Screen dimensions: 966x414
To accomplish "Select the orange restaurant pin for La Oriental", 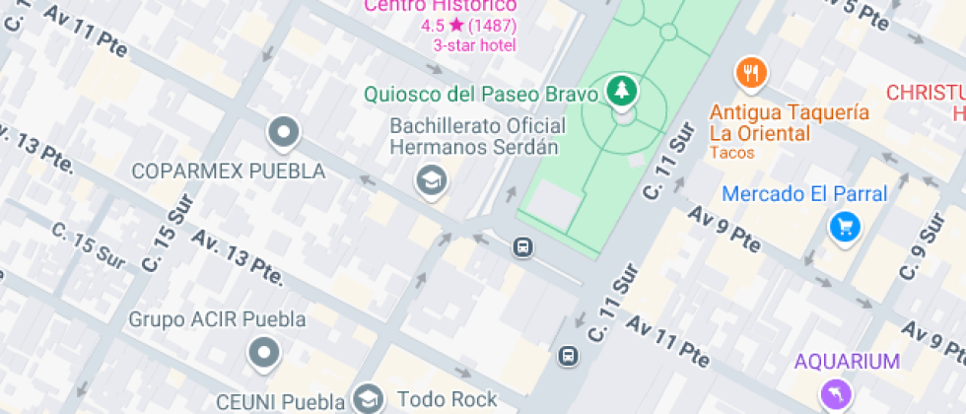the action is (751, 72).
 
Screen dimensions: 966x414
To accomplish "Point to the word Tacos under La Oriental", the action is (731, 153).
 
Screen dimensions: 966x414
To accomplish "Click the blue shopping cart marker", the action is (845, 228).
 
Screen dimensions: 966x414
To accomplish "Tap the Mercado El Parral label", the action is (804, 194).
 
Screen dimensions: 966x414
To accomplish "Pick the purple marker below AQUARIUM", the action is (836, 395).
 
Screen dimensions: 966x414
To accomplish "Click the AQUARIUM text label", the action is (848, 362).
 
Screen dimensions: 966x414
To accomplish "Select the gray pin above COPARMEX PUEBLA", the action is (284, 130).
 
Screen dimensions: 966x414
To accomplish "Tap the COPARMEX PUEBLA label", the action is (229, 172).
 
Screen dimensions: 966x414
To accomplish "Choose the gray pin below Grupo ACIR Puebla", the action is (264, 351).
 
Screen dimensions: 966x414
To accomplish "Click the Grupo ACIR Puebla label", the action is (218, 320).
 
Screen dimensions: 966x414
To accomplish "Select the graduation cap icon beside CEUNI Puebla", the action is (369, 399).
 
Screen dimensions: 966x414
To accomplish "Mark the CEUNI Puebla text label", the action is (282, 402).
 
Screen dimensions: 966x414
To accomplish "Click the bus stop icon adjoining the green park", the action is (522, 247).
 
